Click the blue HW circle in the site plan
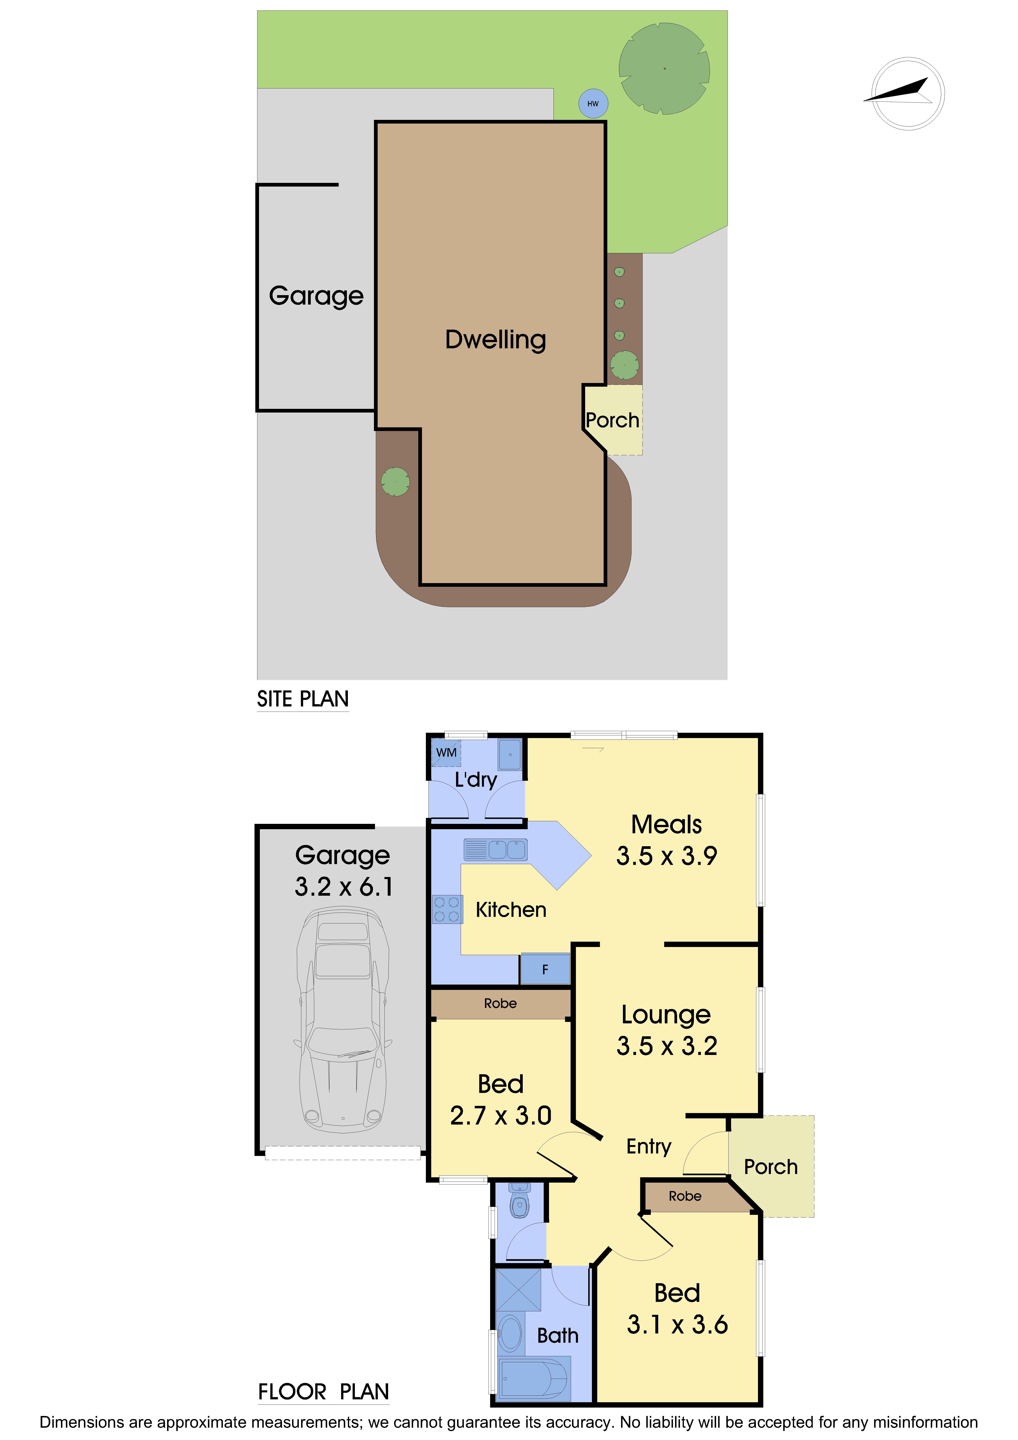tap(593, 103)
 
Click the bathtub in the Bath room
tap(534, 1378)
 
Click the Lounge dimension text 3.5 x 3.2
tap(667, 1046)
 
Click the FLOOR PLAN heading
tap(324, 1392)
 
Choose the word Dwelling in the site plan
tap(495, 340)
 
